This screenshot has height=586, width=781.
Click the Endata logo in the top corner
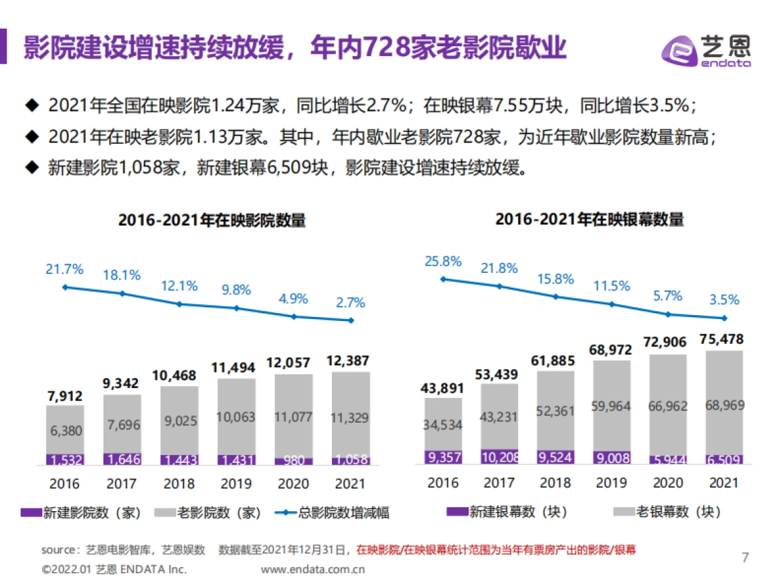point(706,49)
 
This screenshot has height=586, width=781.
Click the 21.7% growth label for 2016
point(64,269)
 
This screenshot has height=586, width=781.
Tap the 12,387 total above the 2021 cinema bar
point(351,359)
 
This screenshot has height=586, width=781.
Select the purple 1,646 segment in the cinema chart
point(122,459)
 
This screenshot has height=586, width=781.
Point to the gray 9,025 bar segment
point(179,421)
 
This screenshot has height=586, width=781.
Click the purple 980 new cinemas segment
point(294,460)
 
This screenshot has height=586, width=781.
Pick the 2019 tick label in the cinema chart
point(236,484)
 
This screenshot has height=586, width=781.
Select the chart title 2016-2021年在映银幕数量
point(590,219)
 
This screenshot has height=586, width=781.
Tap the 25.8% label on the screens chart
point(443,262)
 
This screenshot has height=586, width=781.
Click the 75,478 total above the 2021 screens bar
point(724,339)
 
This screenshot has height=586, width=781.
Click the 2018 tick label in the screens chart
point(555,482)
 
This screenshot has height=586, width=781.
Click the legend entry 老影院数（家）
point(208,513)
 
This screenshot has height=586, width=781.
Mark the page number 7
point(745,557)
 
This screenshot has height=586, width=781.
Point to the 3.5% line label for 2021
point(724,300)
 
